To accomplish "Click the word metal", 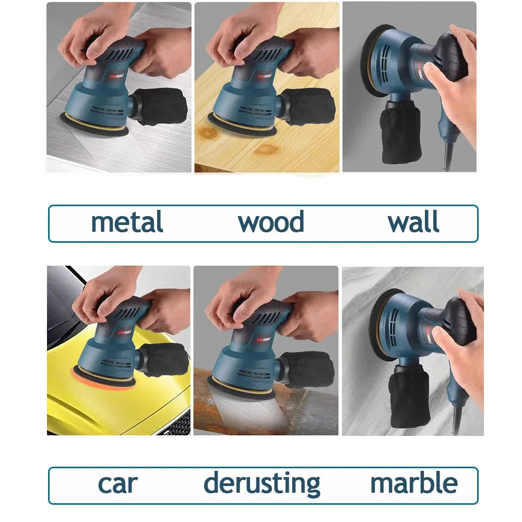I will pos(127,222).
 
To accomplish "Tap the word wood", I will pos(271,222).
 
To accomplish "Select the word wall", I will pos(413,222).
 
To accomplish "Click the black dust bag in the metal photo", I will pos(161,108).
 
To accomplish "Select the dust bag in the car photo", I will pos(164,360).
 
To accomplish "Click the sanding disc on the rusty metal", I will pos(240,389).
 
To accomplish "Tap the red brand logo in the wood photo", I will pos(264,77).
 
